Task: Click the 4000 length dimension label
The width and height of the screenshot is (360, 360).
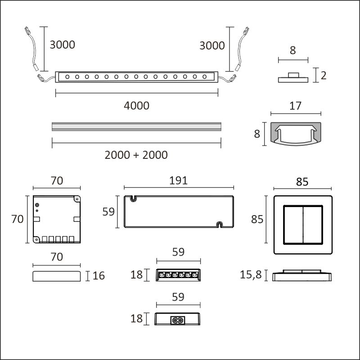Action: (137, 106)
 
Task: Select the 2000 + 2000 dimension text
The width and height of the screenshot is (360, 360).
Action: (136, 155)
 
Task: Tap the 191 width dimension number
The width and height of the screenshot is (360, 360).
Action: (178, 180)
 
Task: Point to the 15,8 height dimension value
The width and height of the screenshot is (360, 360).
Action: (251, 274)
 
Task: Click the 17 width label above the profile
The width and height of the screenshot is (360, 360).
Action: (295, 106)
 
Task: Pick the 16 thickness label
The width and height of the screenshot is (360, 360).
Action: (99, 276)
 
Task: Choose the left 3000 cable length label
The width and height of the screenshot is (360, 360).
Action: (63, 45)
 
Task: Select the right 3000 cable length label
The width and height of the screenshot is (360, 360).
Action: (212, 45)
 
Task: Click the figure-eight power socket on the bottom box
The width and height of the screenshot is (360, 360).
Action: (178, 320)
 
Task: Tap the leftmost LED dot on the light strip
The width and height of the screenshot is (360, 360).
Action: (67, 76)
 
